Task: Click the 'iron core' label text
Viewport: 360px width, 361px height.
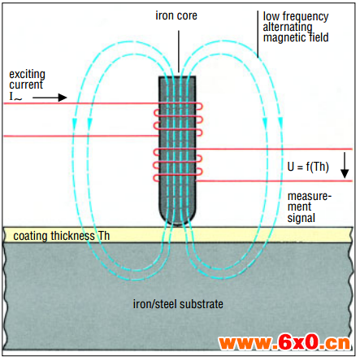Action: coord(176,15)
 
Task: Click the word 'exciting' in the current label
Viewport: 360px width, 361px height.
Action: coord(27,75)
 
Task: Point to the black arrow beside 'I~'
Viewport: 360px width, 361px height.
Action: coord(50,98)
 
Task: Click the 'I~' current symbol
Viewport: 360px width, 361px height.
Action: coord(15,97)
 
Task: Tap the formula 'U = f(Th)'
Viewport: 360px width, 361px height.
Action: coord(308,167)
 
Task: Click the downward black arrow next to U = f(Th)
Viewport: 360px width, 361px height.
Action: coord(345,165)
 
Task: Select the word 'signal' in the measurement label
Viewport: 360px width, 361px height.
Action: coord(301,218)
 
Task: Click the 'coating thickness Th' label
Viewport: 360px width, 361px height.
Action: coord(62,236)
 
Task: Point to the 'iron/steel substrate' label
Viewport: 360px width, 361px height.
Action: coord(178,304)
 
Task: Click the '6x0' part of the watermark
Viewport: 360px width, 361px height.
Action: coord(298,342)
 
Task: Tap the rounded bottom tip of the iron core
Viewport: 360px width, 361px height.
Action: coord(177,224)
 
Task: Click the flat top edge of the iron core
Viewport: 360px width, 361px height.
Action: coord(177,77)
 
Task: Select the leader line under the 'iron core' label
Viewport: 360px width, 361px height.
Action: coord(179,51)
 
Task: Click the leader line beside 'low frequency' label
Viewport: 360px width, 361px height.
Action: coord(258,34)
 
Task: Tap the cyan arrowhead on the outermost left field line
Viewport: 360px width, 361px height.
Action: coord(75,123)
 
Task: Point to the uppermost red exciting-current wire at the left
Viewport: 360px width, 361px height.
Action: coord(81,103)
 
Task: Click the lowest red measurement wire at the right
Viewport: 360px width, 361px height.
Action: coord(274,180)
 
